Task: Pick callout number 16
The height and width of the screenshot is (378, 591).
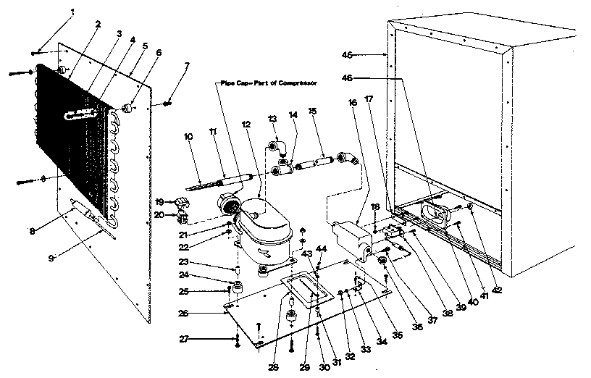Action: pos(353,104)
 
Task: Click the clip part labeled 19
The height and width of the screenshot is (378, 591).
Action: pos(180,202)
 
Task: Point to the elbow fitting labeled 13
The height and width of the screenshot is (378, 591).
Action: pos(282,148)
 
